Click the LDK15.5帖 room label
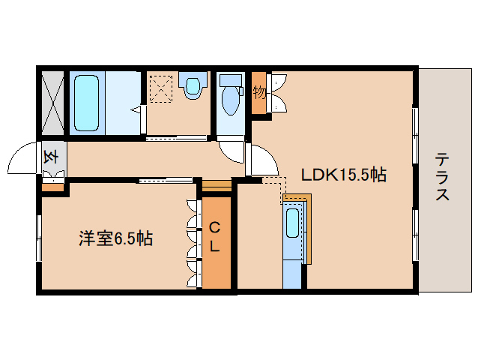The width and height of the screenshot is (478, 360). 343,175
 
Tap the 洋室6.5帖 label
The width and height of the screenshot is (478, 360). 116,238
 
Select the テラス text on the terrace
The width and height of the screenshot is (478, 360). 443,177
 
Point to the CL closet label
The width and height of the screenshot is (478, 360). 214,236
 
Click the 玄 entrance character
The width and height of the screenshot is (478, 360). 52,157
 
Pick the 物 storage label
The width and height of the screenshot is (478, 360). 260,93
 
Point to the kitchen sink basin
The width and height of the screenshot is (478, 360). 293,223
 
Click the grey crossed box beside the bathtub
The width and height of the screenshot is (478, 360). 52,102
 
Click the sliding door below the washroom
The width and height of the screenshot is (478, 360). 176,138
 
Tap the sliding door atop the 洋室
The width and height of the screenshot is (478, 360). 166,179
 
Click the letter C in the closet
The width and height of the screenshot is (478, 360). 214,227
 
